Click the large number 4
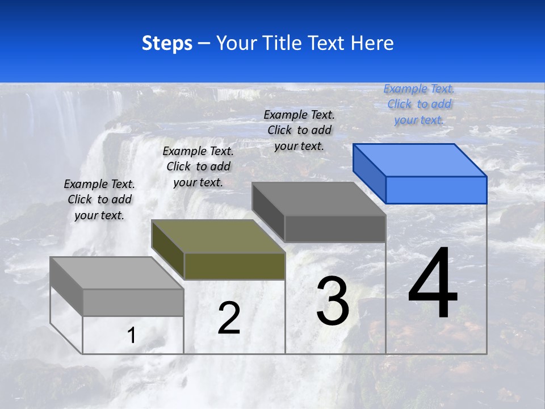click(433, 285)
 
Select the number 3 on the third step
click(333, 301)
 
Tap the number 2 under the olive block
click(229, 318)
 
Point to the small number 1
click(132, 335)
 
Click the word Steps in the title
click(167, 43)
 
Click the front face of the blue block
click(436, 190)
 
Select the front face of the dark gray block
click(335, 229)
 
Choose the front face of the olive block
click(234, 266)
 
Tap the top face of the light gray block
click(116, 273)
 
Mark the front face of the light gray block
click(133, 302)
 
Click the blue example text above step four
click(419, 104)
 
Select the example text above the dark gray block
click(299, 130)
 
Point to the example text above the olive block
click(198, 166)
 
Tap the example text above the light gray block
click(99, 199)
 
